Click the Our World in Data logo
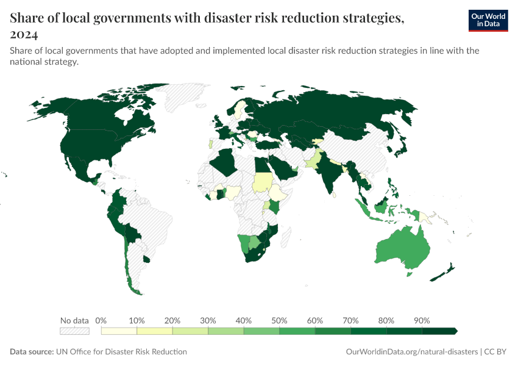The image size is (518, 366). [x=488, y=20]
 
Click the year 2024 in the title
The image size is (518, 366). [x=24, y=34]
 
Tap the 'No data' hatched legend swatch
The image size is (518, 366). [x=74, y=331]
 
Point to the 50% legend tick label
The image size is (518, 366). [x=279, y=320]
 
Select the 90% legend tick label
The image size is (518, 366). [x=422, y=320]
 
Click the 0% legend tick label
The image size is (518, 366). [x=101, y=320]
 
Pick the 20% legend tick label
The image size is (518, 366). [x=172, y=320]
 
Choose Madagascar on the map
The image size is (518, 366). [x=289, y=241]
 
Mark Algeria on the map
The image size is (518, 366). [x=225, y=163]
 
